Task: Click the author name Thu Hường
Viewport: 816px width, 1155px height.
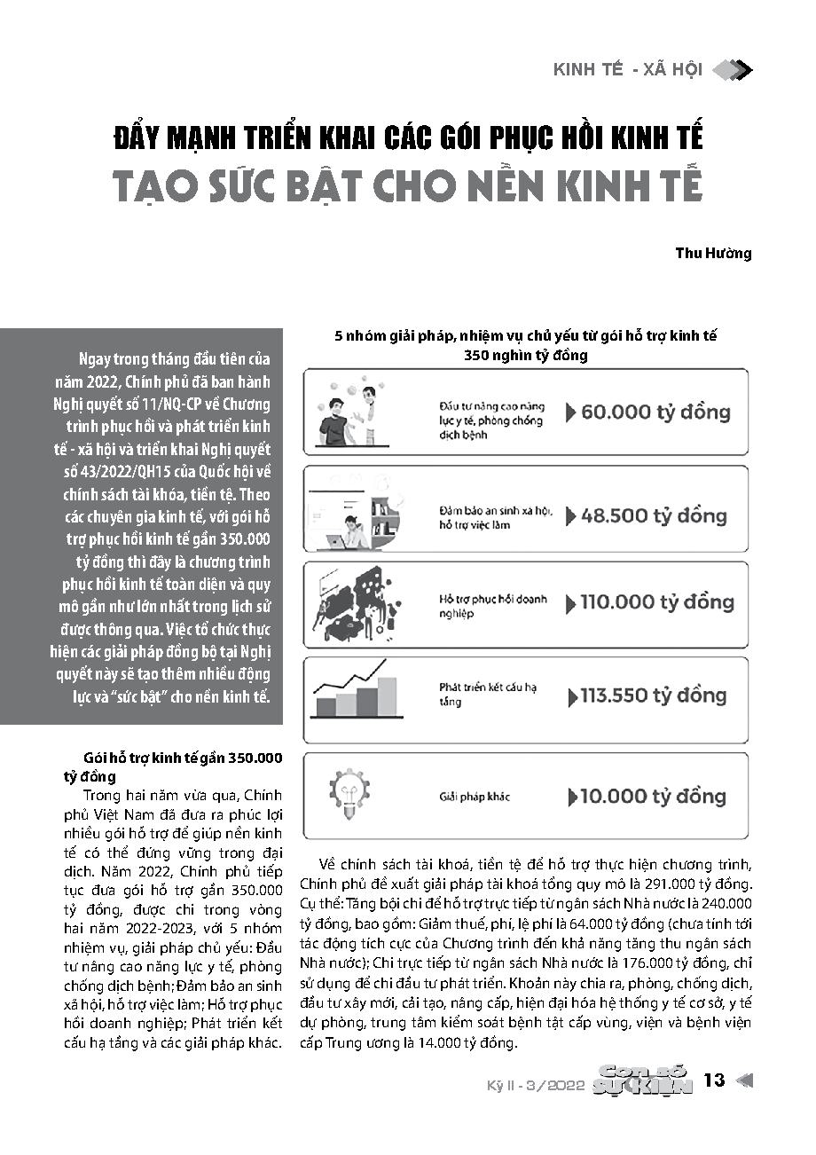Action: (714, 253)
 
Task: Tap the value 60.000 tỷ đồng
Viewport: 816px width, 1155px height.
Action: (655, 412)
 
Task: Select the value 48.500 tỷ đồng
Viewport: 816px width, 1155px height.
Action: (654, 515)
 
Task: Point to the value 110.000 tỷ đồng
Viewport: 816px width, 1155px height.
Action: (656, 602)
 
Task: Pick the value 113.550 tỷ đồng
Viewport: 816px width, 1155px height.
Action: (654, 695)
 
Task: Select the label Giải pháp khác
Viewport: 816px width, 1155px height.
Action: (475, 797)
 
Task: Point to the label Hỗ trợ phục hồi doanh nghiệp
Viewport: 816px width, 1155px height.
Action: (494, 606)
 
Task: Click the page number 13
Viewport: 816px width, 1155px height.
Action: (714, 1080)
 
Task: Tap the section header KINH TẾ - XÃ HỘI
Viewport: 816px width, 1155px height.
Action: (627, 70)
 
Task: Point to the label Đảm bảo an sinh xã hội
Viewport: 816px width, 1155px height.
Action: (496, 512)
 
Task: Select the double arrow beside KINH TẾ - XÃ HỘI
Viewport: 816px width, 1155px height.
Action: (733, 69)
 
